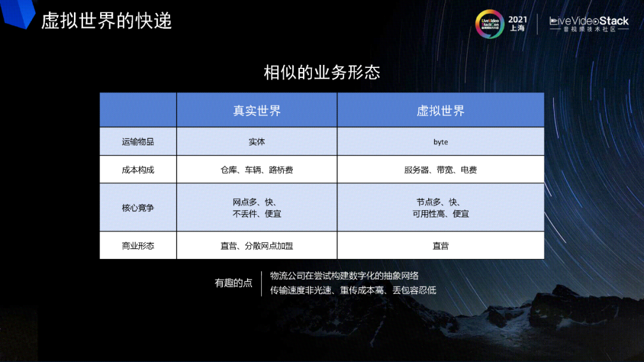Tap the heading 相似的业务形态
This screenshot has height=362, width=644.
pyautogui.click(x=322, y=73)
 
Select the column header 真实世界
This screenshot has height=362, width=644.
pyautogui.click(x=256, y=110)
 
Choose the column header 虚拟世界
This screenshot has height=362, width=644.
pyautogui.click(x=441, y=110)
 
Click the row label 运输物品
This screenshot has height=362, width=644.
pyautogui.click(x=138, y=142)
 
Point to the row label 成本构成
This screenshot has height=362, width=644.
pyautogui.click(x=138, y=170)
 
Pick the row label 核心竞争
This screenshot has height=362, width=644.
pyautogui.click(x=138, y=208)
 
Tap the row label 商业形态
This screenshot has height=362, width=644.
pyautogui.click(x=138, y=245)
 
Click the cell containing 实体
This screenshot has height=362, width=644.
pyautogui.click(x=256, y=142)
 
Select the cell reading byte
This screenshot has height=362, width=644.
pyautogui.click(x=441, y=142)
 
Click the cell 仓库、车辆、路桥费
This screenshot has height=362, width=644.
pyautogui.click(x=256, y=170)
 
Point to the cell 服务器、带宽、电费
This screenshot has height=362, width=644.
pyautogui.click(x=441, y=170)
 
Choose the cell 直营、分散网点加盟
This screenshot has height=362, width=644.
pyautogui.click(x=256, y=245)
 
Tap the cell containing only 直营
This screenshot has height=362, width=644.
pyautogui.click(x=441, y=245)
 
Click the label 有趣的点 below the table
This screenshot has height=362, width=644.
pyautogui.click(x=234, y=283)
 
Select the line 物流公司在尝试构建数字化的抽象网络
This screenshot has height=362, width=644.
pyautogui.click(x=345, y=276)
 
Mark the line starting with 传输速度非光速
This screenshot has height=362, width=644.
pyautogui.click(x=353, y=291)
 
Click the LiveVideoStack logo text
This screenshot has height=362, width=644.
pyautogui.click(x=589, y=21)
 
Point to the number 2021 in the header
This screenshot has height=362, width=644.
pyautogui.click(x=518, y=19)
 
